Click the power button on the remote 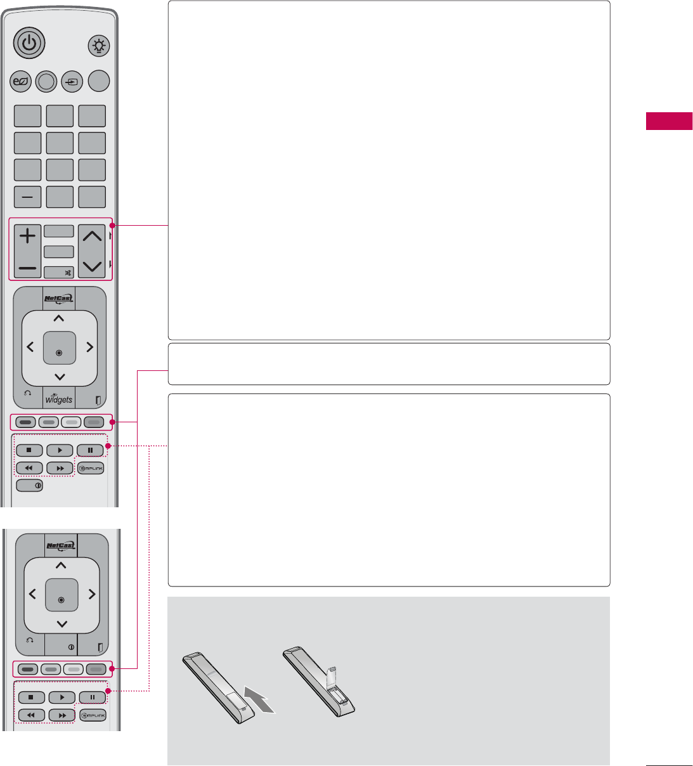[27, 44]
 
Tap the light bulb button [100, 46]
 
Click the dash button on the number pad [27, 197]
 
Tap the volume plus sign [27, 237]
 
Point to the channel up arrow [93, 237]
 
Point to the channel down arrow [93, 266]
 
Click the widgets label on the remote [59, 399]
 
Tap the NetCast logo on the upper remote [59, 299]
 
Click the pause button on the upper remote [91, 451]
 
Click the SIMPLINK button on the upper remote [91, 469]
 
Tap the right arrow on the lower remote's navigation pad [92, 594]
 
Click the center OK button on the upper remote [59, 348]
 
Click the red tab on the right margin [669, 121]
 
